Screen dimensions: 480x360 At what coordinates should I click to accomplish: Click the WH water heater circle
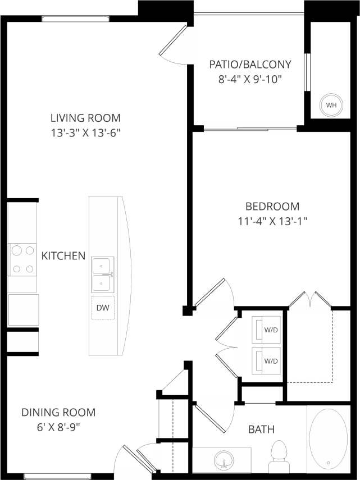tap(331, 105)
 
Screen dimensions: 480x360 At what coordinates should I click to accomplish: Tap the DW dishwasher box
tap(103, 308)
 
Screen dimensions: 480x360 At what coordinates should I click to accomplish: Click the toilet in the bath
tap(279, 456)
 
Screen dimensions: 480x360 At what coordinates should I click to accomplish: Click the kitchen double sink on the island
tap(103, 275)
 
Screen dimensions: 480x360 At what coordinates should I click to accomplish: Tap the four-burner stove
tap(22, 259)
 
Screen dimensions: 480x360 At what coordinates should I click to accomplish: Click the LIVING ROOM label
tap(85, 118)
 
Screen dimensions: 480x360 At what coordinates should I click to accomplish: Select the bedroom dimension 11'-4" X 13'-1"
tap(272, 221)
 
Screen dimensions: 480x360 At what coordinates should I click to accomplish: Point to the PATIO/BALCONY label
tap(250, 64)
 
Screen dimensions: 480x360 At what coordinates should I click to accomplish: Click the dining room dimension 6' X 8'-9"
tap(58, 427)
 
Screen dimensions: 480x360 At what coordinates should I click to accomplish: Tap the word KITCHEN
tap(63, 256)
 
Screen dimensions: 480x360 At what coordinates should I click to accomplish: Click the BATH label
tap(262, 429)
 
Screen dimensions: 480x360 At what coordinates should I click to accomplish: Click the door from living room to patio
tap(173, 41)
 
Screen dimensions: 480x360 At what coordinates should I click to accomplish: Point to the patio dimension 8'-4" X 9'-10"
tap(250, 79)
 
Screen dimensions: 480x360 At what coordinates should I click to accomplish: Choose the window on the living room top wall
tap(75, 19)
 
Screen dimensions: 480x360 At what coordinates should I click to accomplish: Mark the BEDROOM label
tap(272, 206)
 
